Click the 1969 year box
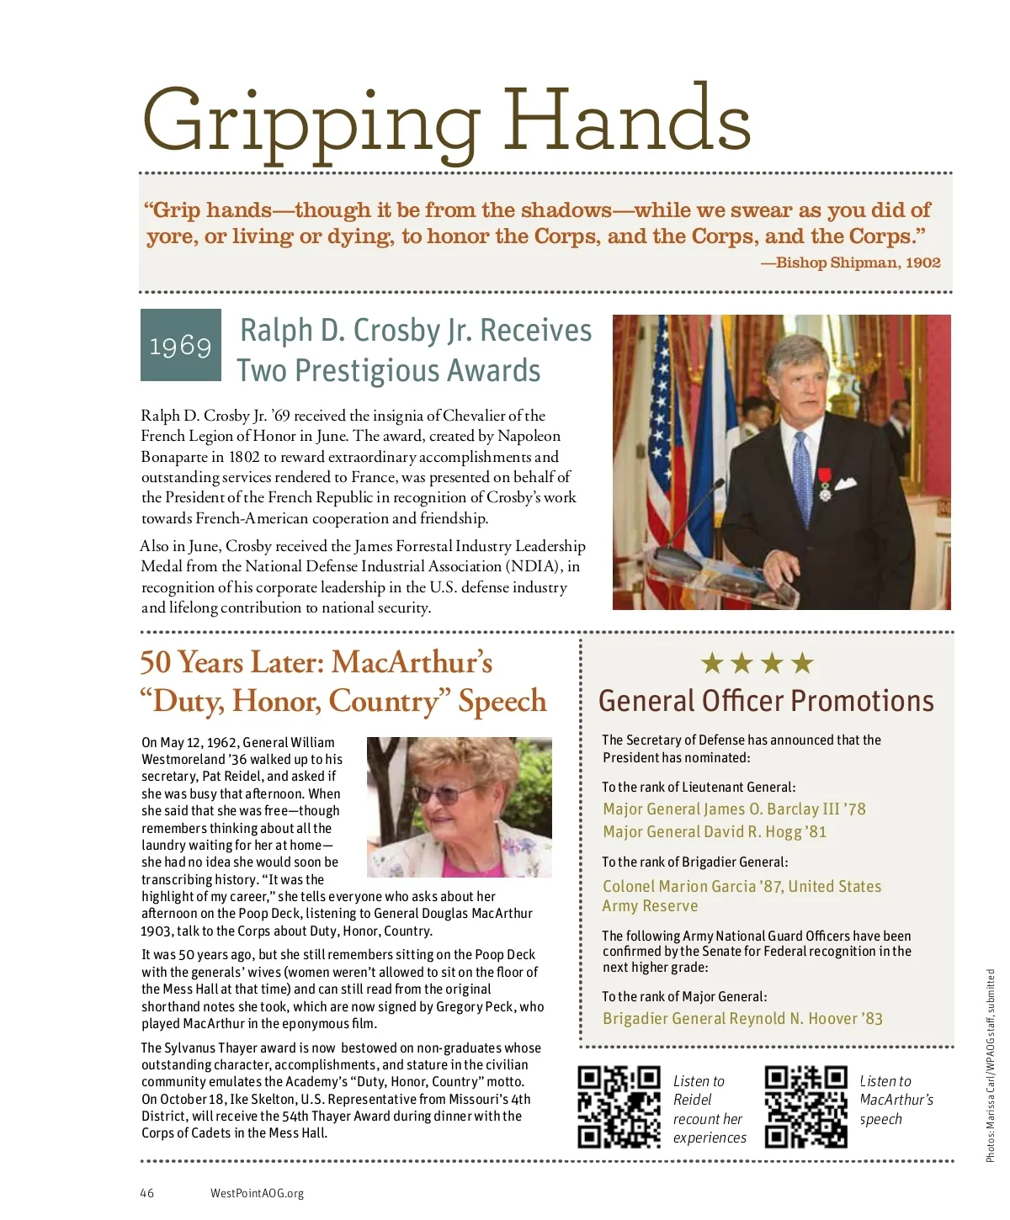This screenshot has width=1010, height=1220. [180, 345]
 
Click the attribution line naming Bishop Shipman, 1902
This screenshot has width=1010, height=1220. [850, 263]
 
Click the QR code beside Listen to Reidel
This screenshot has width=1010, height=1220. [619, 1106]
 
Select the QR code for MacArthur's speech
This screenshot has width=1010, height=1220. [805, 1106]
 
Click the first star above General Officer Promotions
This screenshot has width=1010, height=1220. [712, 664]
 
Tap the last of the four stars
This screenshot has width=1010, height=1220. [803, 664]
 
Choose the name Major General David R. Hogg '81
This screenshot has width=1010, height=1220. [714, 832]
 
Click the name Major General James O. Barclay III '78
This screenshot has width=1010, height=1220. [733, 809]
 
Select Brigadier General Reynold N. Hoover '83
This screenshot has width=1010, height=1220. [742, 1019]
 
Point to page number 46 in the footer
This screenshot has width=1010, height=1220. [147, 1193]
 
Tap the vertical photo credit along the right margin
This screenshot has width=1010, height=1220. [991, 1065]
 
